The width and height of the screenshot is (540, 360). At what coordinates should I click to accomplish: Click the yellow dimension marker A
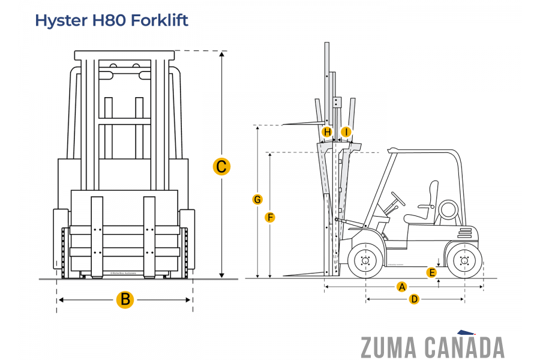click(x=402, y=287)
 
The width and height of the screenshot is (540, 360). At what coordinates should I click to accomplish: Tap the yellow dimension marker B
click(x=125, y=299)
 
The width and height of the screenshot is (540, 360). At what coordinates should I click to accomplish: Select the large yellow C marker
click(x=221, y=166)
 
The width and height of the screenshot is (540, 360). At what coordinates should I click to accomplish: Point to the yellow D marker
click(x=414, y=299)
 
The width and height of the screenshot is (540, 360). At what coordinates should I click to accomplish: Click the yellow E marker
click(x=431, y=273)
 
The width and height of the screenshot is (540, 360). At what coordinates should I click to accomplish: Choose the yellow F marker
click(x=270, y=217)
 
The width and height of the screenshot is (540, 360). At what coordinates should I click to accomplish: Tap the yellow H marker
click(x=327, y=132)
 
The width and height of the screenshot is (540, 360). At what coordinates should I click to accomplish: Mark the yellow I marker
click(x=346, y=132)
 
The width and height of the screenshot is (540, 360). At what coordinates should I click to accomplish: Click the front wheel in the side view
click(x=365, y=261)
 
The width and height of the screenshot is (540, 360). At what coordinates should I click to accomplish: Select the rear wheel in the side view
click(x=464, y=261)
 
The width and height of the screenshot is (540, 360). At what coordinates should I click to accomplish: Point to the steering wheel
click(x=398, y=199)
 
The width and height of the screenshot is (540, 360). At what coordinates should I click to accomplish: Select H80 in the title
click(x=109, y=20)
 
